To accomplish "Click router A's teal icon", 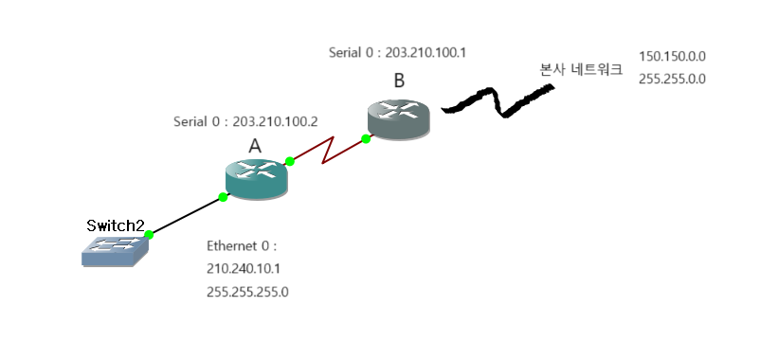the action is pos(256,179).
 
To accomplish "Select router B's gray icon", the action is pos(398,119).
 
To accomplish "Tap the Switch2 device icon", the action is pos(115,251).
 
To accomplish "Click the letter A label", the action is pos(255,146).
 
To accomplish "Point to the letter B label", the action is pos(399,81).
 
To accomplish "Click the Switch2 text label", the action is pos(115,225).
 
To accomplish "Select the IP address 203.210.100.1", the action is pos(425,52).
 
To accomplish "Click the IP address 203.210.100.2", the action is pos(275,121).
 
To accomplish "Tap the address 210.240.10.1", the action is pos(244,269).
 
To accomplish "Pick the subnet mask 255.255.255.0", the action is pos(247,292).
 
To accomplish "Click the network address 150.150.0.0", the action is pos(672,57).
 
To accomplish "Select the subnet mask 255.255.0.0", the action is pos(672,80).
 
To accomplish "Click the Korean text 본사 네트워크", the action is pos(581,69).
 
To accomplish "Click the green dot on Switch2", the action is pos(149,234).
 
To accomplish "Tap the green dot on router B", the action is pos(366,139).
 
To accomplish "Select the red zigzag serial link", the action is pos(328,151).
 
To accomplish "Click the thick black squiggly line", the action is pos(498,101).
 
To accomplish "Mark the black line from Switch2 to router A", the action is pos(186,216).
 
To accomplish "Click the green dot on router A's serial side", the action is pos(290,161).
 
